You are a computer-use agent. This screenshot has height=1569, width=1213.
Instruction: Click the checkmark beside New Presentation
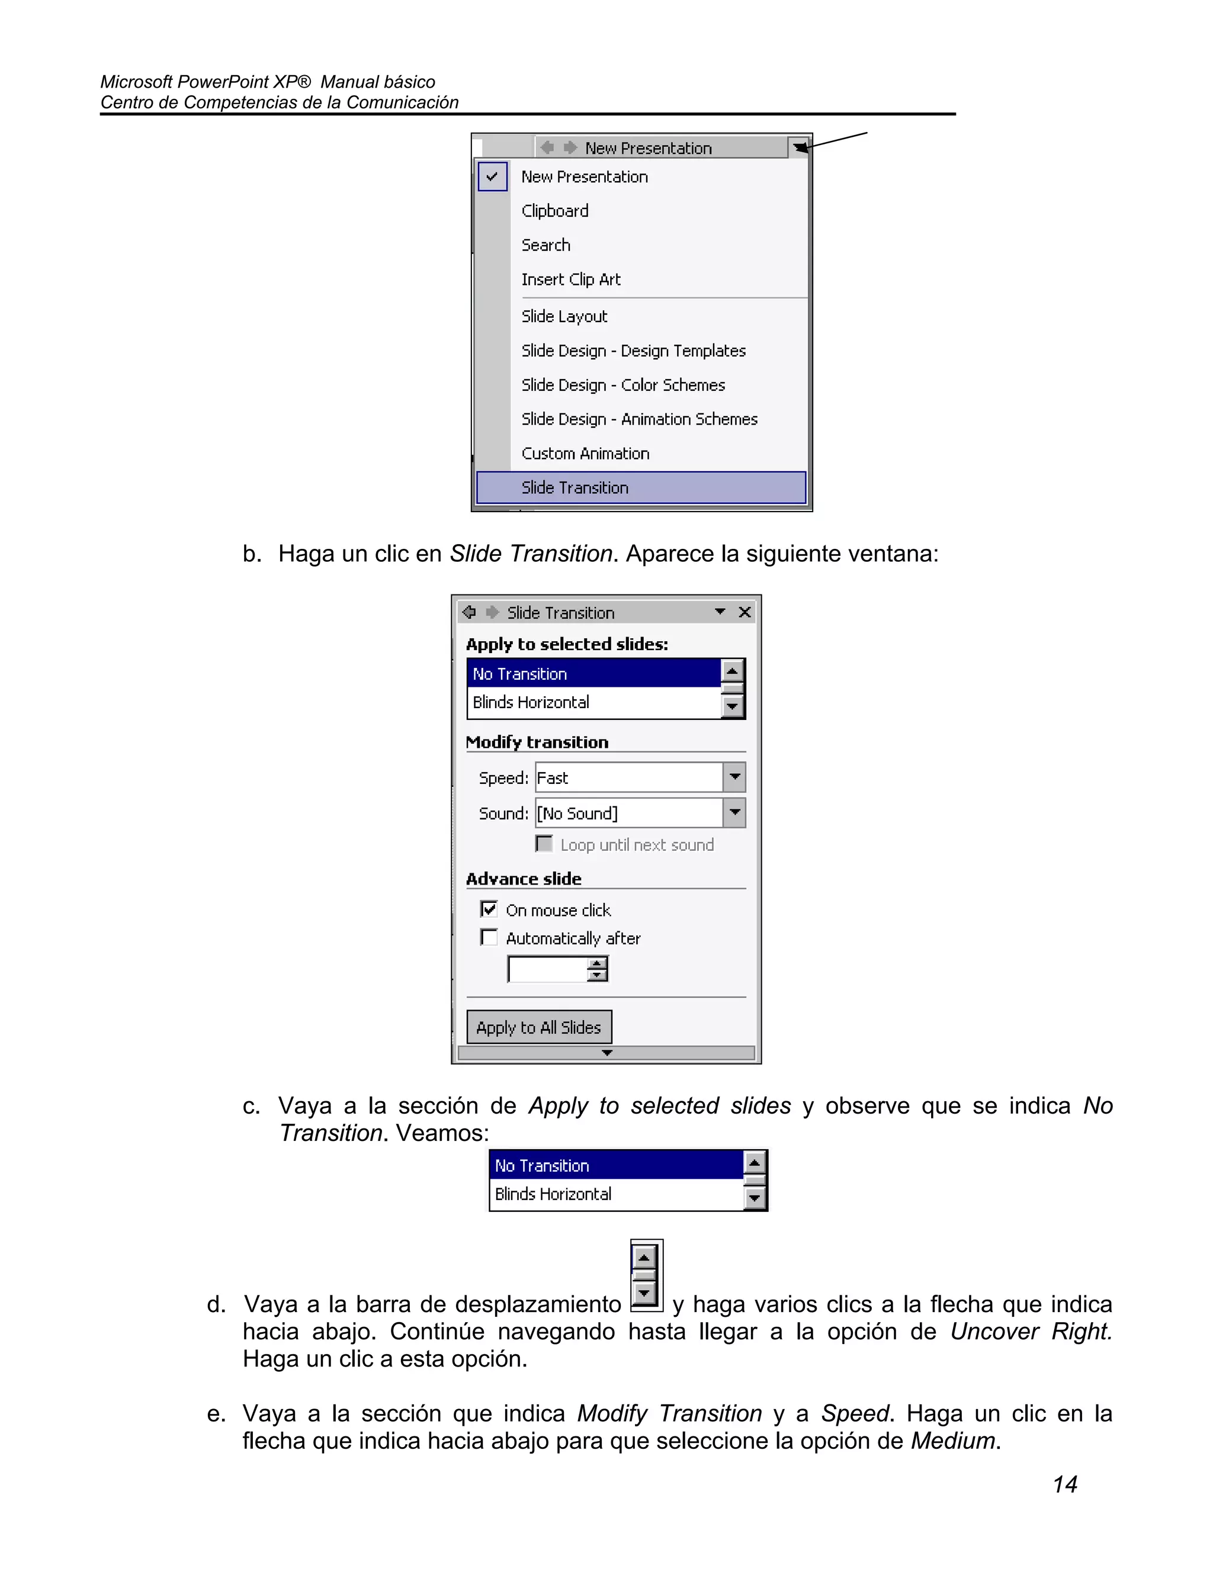pyautogui.click(x=492, y=176)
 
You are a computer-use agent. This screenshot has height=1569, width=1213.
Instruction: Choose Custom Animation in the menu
pyautogui.click(x=585, y=454)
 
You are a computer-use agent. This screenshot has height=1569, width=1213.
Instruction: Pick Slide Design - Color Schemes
pyautogui.click(x=622, y=385)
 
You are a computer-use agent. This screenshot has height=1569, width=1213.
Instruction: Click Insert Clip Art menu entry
pyautogui.click(x=570, y=279)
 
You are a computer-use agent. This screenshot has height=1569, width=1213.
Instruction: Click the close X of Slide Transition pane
pyautogui.click(x=745, y=612)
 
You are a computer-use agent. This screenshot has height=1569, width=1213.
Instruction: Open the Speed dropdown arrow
pyautogui.click(x=734, y=777)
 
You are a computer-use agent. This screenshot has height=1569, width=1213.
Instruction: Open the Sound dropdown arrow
pyautogui.click(x=734, y=812)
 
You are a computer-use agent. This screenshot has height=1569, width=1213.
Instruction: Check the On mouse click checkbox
pyautogui.click(x=489, y=909)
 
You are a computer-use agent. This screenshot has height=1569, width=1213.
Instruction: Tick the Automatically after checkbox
pyautogui.click(x=489, y=937)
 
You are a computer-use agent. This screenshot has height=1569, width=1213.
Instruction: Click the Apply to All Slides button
pyautogui.click(x=539, y=1027)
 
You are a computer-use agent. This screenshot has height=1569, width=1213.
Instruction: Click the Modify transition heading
pyautogui.click(x=537, y=742)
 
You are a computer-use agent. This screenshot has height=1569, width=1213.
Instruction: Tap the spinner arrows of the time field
pyautogui.click(x=597, y=969)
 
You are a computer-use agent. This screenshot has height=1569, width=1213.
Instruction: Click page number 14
pyautogui.click(x=1064, y=1484)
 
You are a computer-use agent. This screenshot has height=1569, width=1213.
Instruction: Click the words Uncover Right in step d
pyautogui.click(x=1031, y=1331)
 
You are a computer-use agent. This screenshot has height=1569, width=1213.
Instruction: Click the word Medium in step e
pyautogui.click(x=952, y=1441)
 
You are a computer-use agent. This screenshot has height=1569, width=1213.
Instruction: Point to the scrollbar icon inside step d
pyautogui.click(x=646, y=1276)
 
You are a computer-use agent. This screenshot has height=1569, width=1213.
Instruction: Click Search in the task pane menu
pyautogui.click(x=545, y=245)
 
